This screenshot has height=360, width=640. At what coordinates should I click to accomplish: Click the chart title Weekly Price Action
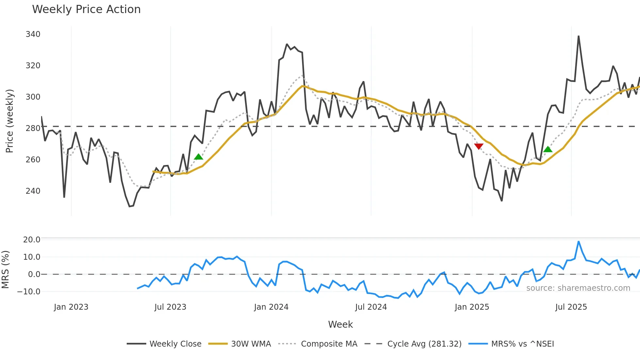(86, 9)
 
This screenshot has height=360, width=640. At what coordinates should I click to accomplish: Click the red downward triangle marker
(479, 146)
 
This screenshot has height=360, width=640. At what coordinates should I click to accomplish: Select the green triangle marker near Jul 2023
(199, 157)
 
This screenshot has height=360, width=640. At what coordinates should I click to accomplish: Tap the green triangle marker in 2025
(548, 149)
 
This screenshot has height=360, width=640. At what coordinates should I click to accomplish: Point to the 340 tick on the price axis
(33, 34)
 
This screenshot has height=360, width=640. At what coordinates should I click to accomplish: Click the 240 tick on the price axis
(33, 191)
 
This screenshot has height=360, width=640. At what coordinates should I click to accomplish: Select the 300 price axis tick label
(33, 97)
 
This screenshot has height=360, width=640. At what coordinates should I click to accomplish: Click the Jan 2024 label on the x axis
(271, 307)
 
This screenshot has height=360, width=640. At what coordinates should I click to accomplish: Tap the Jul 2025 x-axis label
(571, 307)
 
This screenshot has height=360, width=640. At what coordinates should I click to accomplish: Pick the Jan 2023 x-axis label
(71, 307)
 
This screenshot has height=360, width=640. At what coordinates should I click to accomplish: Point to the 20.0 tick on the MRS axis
(32, 239)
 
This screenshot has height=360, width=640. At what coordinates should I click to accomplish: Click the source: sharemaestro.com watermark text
(578, 288)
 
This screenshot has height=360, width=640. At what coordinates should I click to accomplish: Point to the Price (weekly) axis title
(9, 121)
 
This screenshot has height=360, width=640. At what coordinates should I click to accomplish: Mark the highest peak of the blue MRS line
(579, 241)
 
